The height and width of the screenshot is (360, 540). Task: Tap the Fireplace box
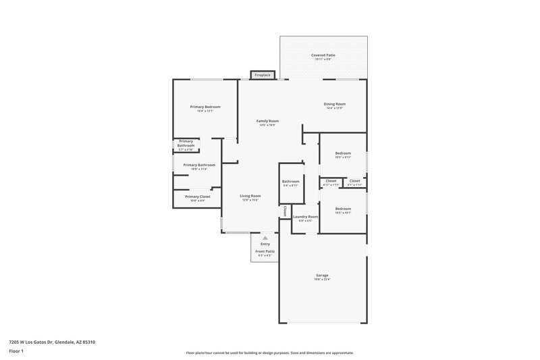pos(263,75)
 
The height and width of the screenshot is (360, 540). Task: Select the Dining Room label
pos(335,104)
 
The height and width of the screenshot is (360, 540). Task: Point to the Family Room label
pos(267,121)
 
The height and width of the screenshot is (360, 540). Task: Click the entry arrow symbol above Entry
pos(265,238)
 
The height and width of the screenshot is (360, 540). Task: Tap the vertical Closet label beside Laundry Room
pos(285,211)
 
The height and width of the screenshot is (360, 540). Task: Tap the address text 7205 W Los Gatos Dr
pos(51,342)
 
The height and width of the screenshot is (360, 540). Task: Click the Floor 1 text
pos(16,351)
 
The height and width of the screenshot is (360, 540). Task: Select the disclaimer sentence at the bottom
pos(269,353)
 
